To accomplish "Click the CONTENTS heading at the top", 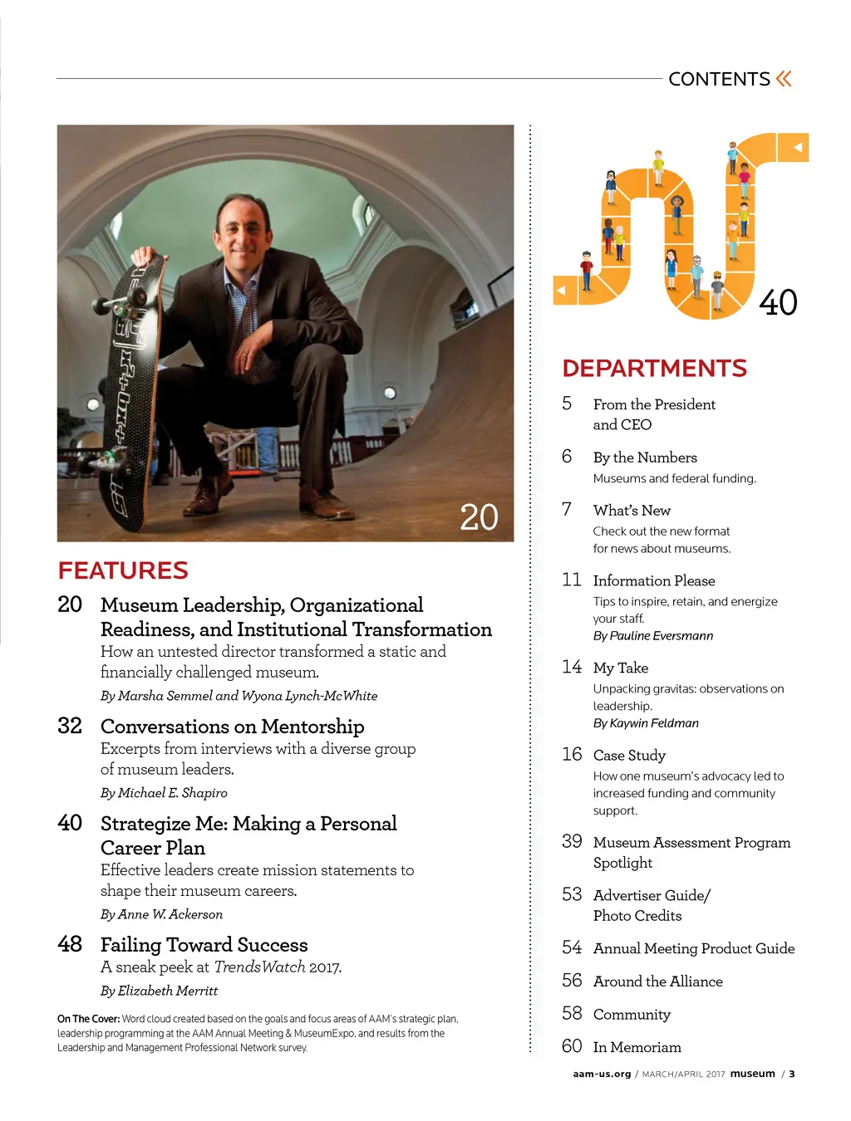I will pos(719,79).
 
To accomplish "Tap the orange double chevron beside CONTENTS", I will pos(784,79).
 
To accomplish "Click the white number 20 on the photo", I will pos(480,517).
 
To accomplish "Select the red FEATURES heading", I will pos(123,570).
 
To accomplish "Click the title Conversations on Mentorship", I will pos(232,727).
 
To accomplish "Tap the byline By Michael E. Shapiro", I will pos(164,793).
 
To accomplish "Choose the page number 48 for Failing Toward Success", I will pos(70,944).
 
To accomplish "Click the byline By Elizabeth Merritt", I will pos(159,991).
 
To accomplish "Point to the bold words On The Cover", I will pos(88,1019).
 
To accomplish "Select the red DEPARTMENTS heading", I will pos(654,368).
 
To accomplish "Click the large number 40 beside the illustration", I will pos(778,302).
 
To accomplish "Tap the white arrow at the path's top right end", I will pos(797,148).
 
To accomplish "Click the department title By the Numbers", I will pos(645,458).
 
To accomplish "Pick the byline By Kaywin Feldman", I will pos(646,723).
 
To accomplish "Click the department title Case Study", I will pos(629,756).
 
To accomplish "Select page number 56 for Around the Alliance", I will pos(572,981).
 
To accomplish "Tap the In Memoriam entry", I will pos(637,1048).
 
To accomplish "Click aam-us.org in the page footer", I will pos(602,1074).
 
